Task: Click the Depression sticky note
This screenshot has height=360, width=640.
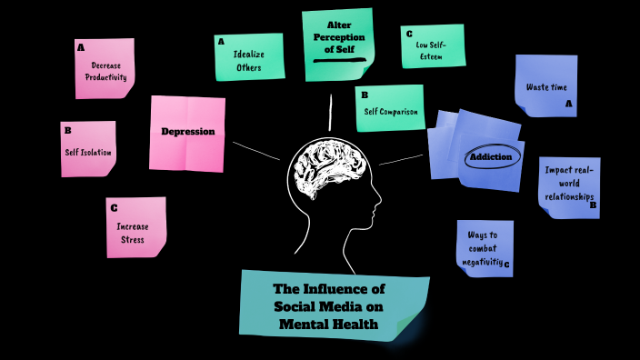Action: pyautogui.click(x=187, y=132)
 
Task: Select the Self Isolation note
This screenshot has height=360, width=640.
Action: pyautogui.click(x=88, y=151)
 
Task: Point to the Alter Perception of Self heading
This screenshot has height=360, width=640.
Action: pyautogui.click(x=338, y=37)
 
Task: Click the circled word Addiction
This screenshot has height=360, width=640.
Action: pyautogui.click(x=493, y=157)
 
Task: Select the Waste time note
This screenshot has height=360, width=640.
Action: pyautogui.click(x=546, y=87)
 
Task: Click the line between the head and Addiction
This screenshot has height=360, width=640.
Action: pyautogui.click(x=401, y=159)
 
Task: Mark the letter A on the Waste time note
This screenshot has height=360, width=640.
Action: pyautogui.click(x=568, y=105)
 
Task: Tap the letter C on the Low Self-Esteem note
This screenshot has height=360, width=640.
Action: pyautogui.click(x=410, y=34)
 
